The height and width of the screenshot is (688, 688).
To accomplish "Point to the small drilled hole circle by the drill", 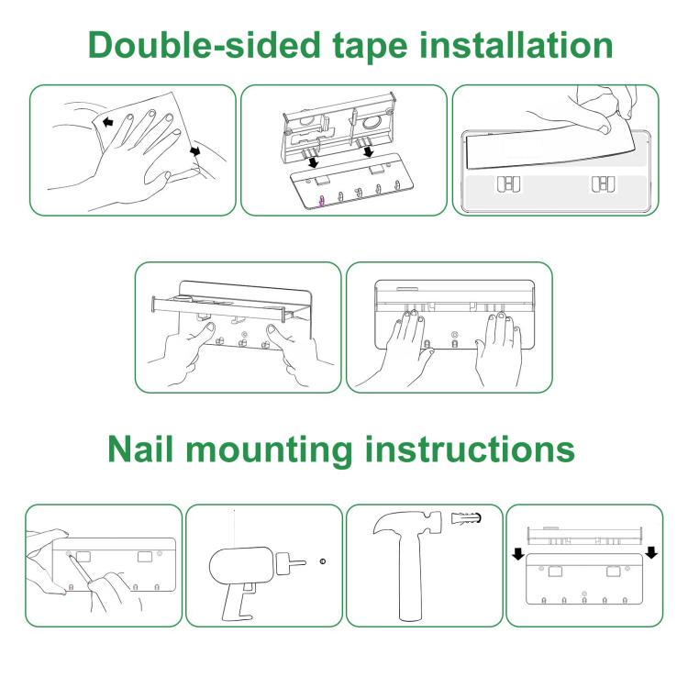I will coord(323,560).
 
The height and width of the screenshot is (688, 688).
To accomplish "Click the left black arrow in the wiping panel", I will coord(108,122).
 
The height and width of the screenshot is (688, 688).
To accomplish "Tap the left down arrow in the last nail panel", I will coord(517,553).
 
